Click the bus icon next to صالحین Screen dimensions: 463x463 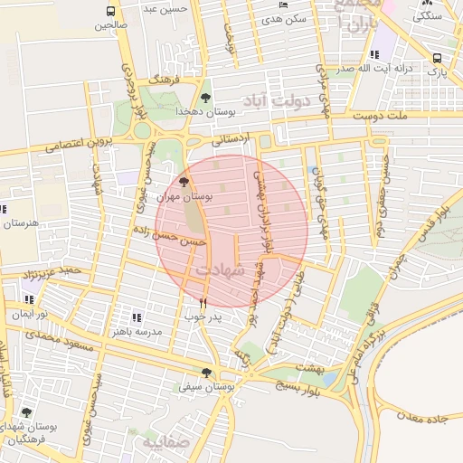[110, 12]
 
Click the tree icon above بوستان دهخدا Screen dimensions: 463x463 [206, 97]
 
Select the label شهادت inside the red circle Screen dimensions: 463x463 [220, 269]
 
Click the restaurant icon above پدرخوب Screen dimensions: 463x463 [202, 303]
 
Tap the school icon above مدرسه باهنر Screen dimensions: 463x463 [137, 317]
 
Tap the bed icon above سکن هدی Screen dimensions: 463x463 [284, 5]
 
